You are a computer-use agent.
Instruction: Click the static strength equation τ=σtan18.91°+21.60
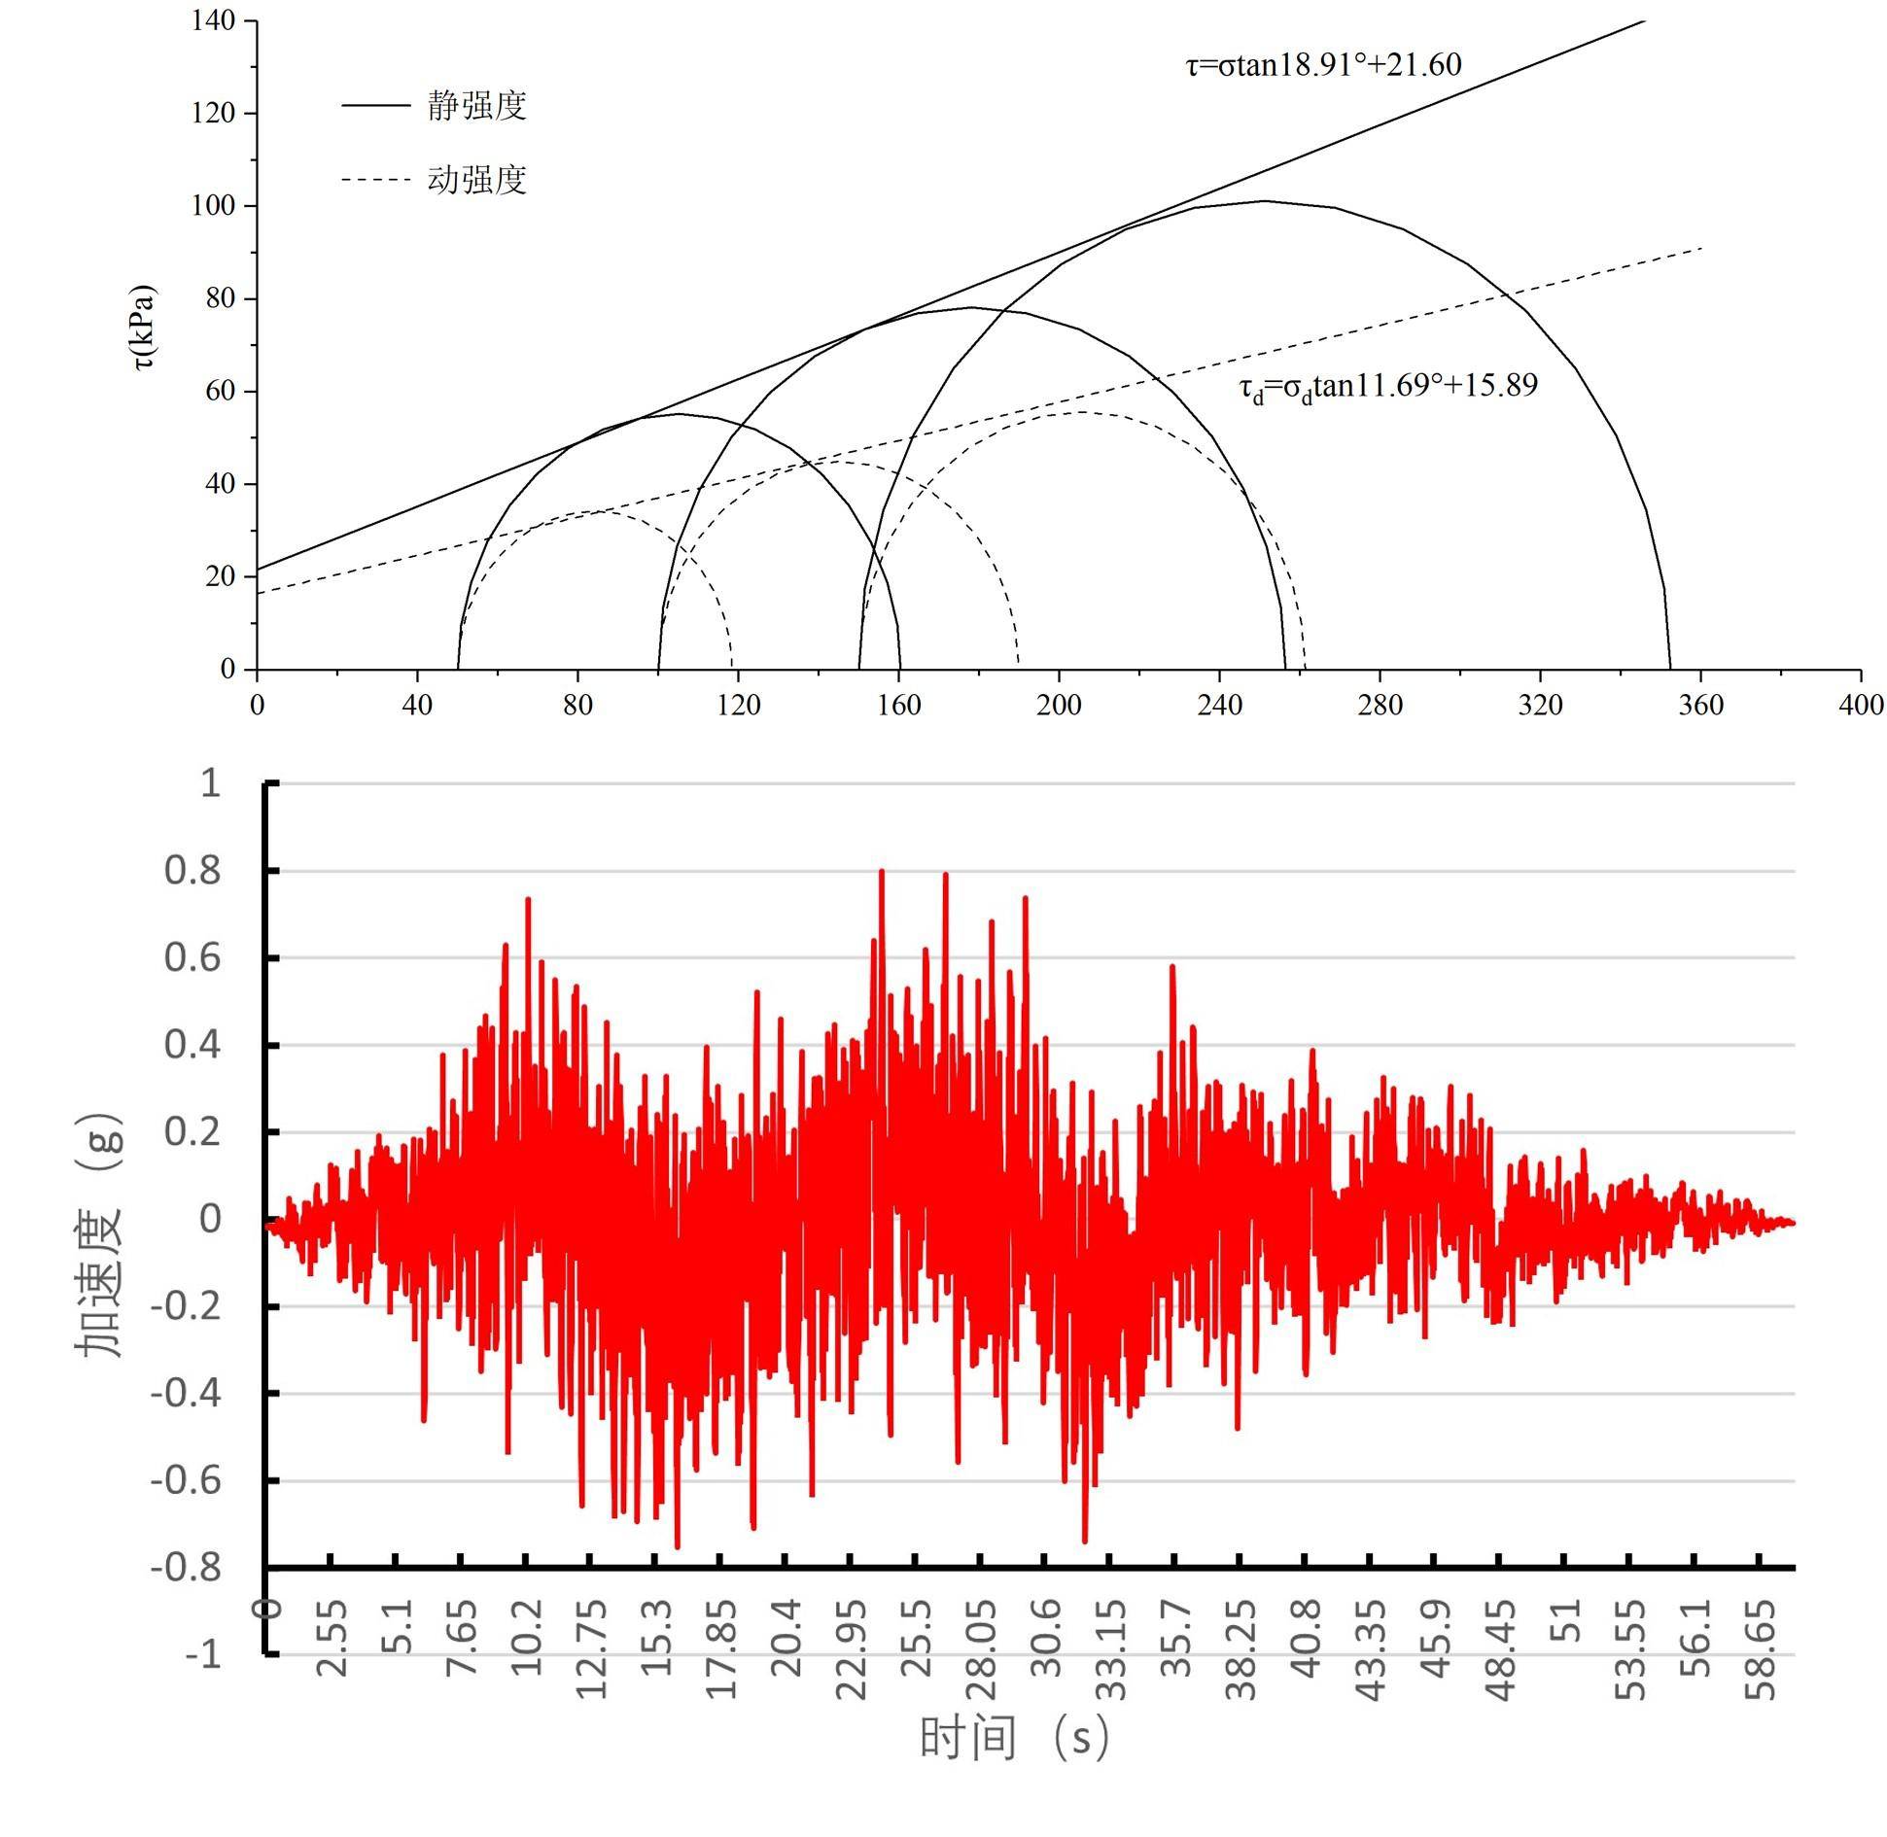coord(1322,65)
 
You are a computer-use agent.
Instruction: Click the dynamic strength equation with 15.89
coord(1387,387)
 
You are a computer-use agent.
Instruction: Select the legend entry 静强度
coord(476,105)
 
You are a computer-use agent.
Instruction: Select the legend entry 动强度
coord(476,180)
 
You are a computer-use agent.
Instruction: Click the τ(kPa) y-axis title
coord(144,328)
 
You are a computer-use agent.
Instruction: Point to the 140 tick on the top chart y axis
coord(213,21)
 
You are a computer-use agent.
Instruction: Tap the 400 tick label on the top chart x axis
coord(1860,705)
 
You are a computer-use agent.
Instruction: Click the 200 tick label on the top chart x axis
coord(1058,705)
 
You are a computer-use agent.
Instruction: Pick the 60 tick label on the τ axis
coord(220,391)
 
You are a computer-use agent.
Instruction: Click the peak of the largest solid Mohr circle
coord(1264,201)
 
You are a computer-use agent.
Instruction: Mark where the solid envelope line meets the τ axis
coord(258,569)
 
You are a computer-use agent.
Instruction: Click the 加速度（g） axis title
coord(100,1234)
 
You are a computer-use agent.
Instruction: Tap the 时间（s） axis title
coord(1014,1764)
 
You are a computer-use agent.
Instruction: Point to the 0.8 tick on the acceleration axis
coord(192,871)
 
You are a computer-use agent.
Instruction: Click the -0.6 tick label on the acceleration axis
coord(186,1481)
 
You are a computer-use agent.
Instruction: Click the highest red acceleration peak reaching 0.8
coord(881,872)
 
